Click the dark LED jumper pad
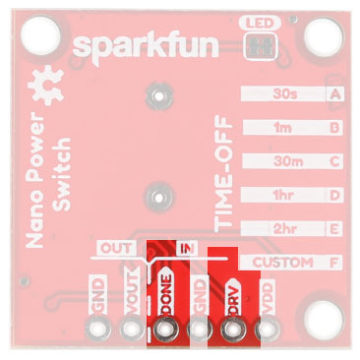(261, 44)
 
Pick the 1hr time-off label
(287, 195)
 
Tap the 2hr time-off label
(287, 228)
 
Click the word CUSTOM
(282, 263)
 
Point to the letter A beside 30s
(337, 94)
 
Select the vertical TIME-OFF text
(225, 162)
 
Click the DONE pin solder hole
(164, 330)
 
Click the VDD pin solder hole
(265, 330)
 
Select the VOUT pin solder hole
(130, 330)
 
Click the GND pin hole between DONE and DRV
(199, 330)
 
